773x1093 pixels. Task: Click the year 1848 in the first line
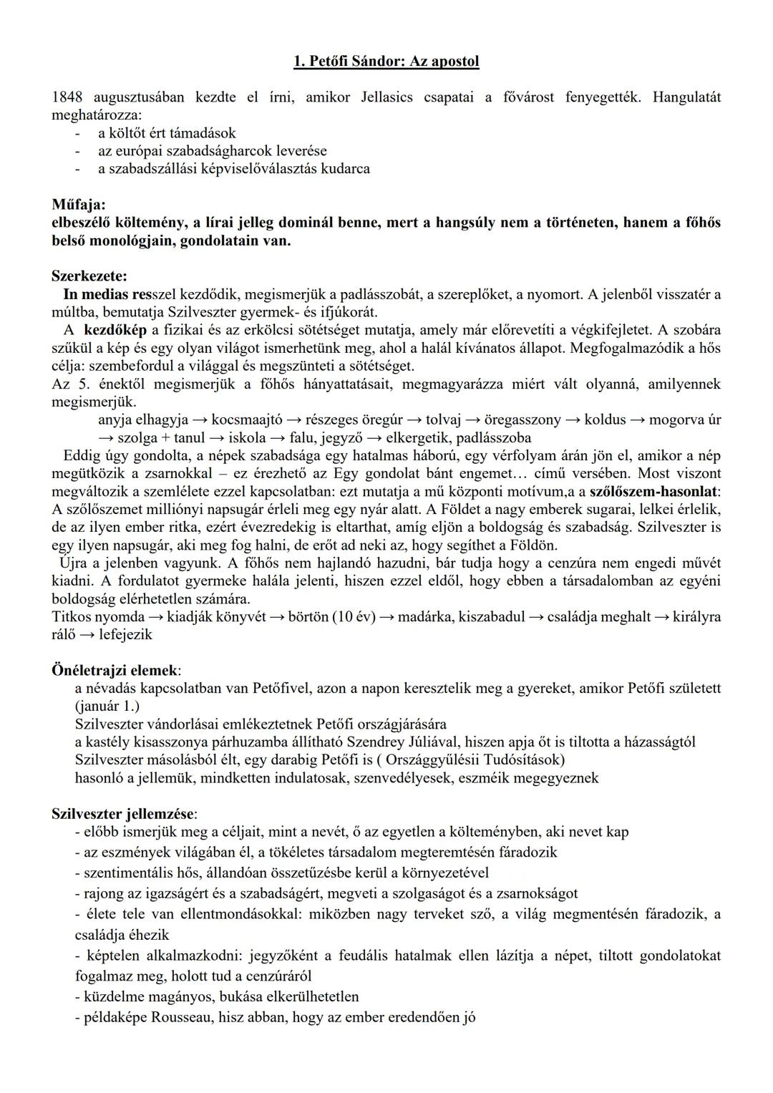click(x=67, y=97)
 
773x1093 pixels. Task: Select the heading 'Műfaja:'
click(x=78, y=205)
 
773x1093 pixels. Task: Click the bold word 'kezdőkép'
click(x=115, y=330)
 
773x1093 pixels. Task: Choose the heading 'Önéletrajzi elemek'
click(x=115, y=671)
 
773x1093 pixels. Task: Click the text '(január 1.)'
click(x=107, y=706)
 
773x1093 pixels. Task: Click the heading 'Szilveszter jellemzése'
click(x=123, y=814)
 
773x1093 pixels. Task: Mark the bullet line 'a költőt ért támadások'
click(x=167, y=133)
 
